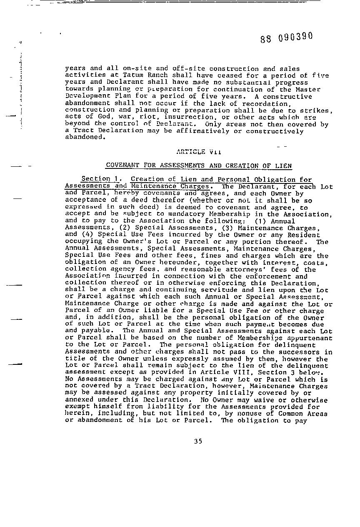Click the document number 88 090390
pyautogui.click(x=286, y=38)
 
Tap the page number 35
pyautogui.click(x=198, y=441)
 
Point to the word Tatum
pyautogui.click(x=127, y=75)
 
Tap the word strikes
pyautogui.click(x=317, y=110)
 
